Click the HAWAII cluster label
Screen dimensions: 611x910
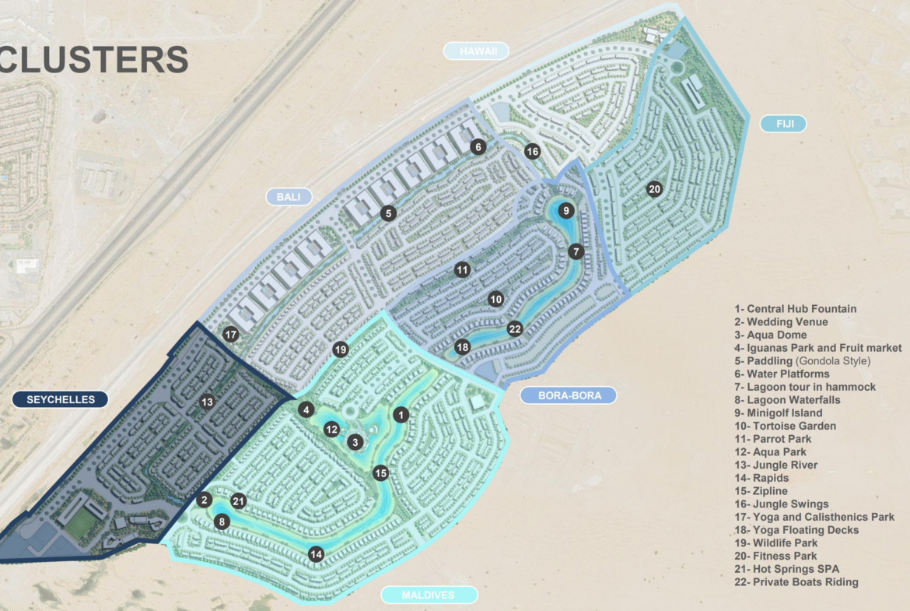pos(476,51)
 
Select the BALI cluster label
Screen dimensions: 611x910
pos(289,196)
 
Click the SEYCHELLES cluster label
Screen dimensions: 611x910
pos(60,400)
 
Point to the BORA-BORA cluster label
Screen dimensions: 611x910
pos(568,395)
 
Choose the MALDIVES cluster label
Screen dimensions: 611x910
pos(429,595)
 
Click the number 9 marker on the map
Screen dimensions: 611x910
pos(566,210)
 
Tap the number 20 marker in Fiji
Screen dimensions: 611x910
pos(654,189)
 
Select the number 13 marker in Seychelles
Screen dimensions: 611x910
pos(206,402)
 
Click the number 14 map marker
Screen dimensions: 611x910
pos(315,554)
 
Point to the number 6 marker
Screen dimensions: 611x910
pos(478,146)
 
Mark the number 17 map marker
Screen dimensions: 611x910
pos(230,335)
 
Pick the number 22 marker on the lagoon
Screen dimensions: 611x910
pos(514,328)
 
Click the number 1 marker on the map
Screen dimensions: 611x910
pos(401,414)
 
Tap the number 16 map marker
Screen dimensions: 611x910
pos(532,152)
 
